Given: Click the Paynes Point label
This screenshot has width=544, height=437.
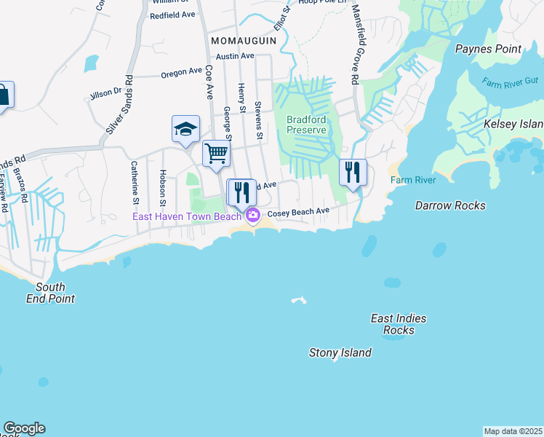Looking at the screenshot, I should (x=488, y=49).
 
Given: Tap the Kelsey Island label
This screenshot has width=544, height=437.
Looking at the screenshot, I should (x=513, y=125).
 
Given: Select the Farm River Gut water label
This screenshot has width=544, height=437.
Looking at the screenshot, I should (x=506, y=84).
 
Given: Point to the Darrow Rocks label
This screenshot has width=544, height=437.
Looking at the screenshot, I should (x=450, y=205).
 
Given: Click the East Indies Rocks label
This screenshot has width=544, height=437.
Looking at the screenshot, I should (x=399, y=324).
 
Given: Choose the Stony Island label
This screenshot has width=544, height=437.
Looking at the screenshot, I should (x=340, y=353).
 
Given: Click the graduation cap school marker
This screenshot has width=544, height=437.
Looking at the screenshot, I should (x=185, y=129).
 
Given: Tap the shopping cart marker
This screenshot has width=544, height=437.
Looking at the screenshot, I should (x=216, y=154).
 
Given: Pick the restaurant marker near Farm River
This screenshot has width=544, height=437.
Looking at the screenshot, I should (x=353, y=173).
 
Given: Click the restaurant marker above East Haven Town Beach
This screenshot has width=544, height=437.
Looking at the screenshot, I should (x=241, y=193).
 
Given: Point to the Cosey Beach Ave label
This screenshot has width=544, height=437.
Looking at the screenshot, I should (x=299, y=213).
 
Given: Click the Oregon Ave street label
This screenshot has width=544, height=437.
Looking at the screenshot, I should (x=180, y=73).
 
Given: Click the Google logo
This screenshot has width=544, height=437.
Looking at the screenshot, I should (x=24, y=428).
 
